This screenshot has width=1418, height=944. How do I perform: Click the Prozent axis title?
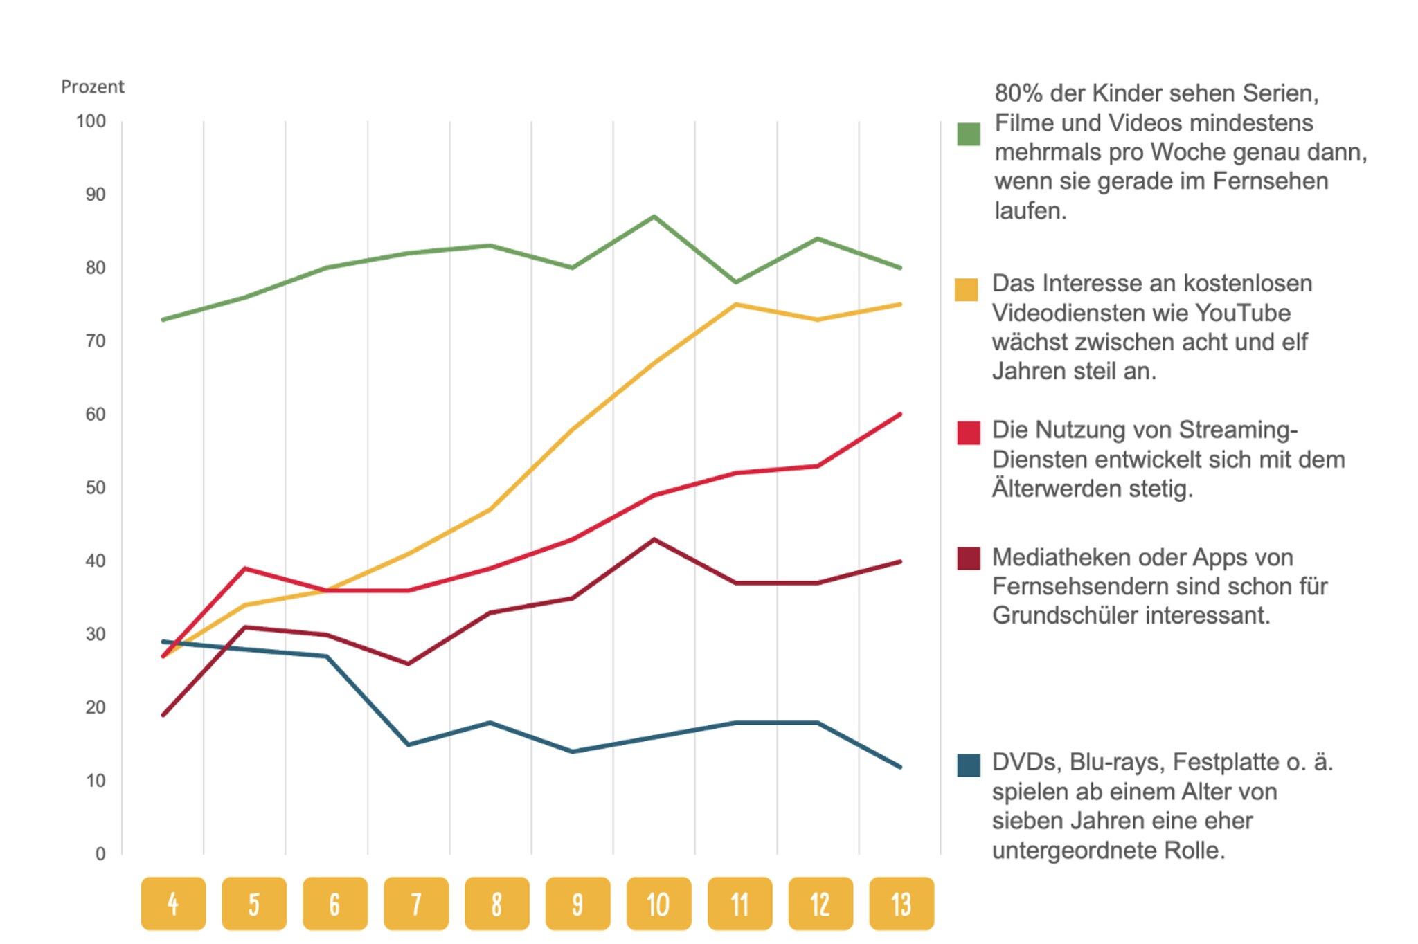tap(93, 87)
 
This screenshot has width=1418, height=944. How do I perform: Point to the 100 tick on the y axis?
tap(91, 122)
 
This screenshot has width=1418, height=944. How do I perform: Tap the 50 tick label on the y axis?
tap(96, 488)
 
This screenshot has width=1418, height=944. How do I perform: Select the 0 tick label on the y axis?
tap(100, 854)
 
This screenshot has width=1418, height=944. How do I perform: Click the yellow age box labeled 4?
tap(173, 904)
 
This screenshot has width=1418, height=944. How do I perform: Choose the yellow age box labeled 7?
tap(416, 904)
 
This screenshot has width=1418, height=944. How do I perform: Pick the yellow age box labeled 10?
tap(658, 904)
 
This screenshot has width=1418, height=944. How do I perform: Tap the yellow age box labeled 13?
tap(901, 904)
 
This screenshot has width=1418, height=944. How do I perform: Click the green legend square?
tap(969, 134)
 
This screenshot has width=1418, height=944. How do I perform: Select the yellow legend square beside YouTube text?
tap(967, 290)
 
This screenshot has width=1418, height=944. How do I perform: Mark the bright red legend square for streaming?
tap(969, 433)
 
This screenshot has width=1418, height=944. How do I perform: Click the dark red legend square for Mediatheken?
tap(969, 559)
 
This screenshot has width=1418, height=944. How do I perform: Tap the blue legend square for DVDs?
tap(969, 765)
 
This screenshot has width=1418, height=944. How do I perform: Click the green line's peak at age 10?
tap(654, 217)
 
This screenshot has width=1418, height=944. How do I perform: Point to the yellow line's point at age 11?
tap(736, 305)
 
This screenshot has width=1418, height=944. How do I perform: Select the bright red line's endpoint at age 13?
tap(900, 414)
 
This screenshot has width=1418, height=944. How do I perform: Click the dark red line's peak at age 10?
tap(654, 539)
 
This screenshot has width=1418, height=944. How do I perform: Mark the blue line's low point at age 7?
tap(409, 745)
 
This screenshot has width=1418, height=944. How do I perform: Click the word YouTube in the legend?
tap(1243, 313)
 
